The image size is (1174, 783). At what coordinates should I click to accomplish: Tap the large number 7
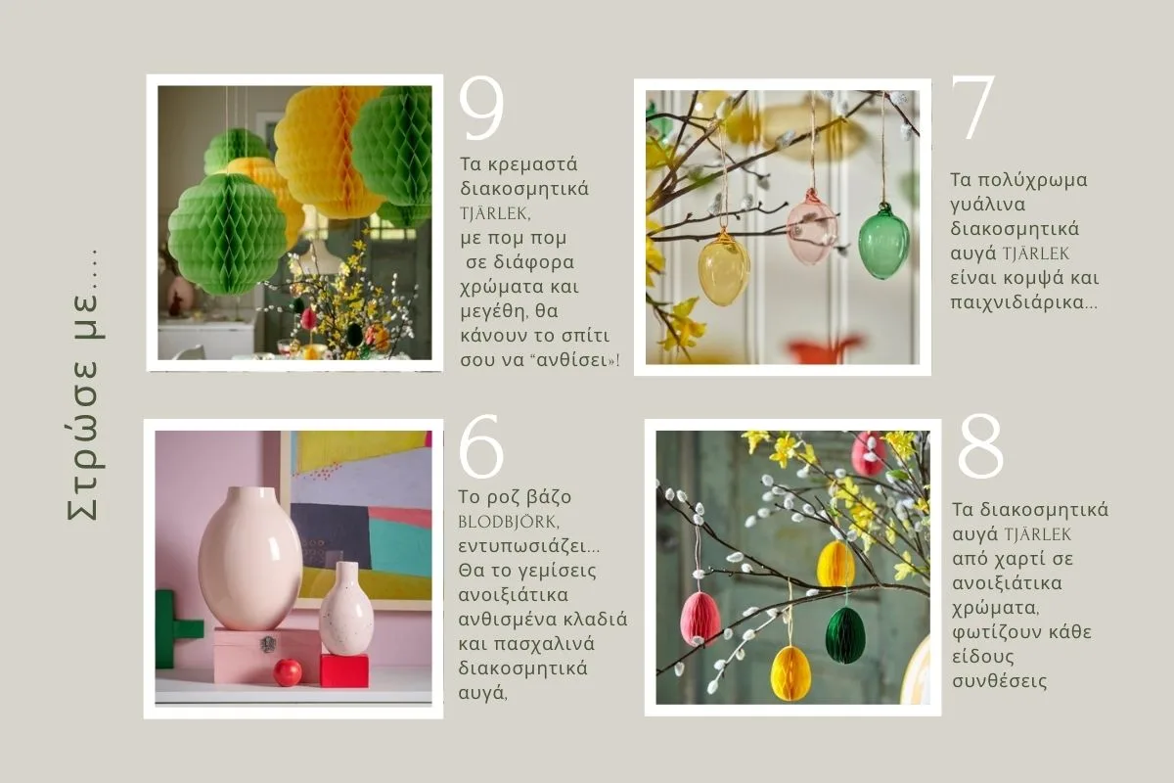pyautogui.click(x=972, y=107)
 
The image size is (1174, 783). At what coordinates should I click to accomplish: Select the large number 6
pyautogui.click(x=481, y=446)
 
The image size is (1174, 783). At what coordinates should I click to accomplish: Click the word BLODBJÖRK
pyautogui.click(x=508, y=522)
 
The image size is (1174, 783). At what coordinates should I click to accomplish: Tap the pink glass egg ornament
pyautogui.click(x=811, y=226)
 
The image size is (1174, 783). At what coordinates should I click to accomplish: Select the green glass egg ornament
pyautogui.click(x=883, y=242)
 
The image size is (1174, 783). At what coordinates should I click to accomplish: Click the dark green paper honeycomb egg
pyautogui.click(x=845, y=634)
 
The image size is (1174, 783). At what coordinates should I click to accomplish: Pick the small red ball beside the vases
pyautogui.click(x=288, y=672)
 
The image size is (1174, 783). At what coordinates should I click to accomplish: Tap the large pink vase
pyautogui.click(x=250, y=558)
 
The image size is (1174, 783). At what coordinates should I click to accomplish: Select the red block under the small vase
pyautogui.click(x=343, y=670)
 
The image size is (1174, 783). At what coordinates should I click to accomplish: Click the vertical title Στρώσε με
pyautogui.click(x=84, y=386)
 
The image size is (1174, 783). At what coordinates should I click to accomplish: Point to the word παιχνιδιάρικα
pyautogui.click(x=1023, y=302)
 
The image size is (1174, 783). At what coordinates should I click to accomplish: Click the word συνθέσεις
pyautogui.click(x=1000, y=681)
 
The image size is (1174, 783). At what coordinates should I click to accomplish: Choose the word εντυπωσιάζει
pyautogui.click(x=529, y=546)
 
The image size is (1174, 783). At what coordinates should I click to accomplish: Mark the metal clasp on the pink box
pyautogui.click(x=268, y=643)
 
